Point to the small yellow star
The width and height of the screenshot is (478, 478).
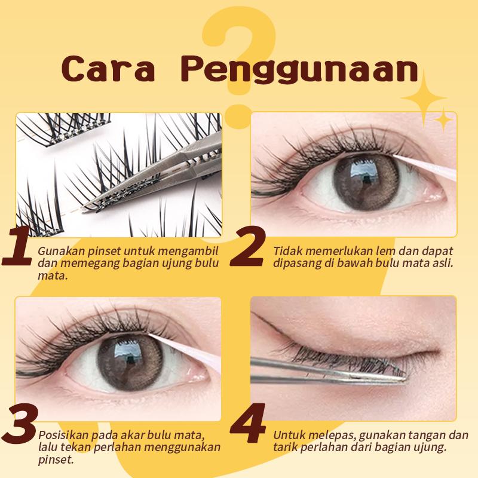click(443, 119)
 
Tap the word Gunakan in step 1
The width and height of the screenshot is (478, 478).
click(56, 250)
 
